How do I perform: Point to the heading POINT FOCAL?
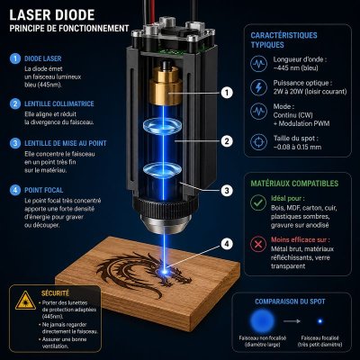pos(45,191)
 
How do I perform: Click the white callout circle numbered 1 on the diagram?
pos(227,91)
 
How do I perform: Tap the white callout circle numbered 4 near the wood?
pos(227,243)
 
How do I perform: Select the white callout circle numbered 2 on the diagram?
pos(227,140)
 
